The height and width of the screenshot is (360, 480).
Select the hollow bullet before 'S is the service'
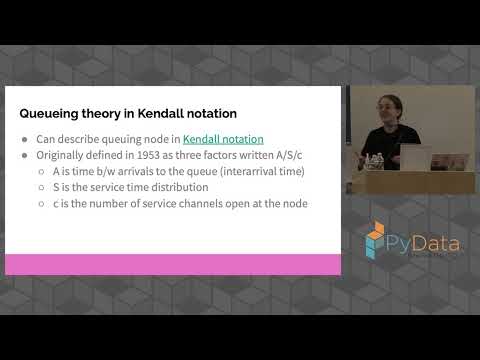[x=43, y=187]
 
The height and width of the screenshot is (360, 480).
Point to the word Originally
[x=62, y=154]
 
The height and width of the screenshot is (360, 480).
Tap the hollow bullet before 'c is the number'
[x=43, y=203]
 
